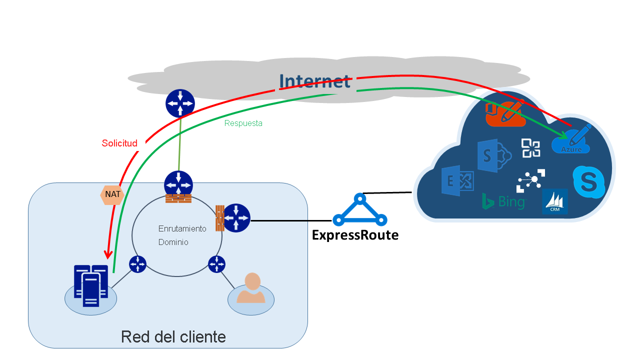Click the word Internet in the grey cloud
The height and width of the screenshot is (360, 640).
tap(314, 81)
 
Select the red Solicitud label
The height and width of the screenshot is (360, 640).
tap(119, 143)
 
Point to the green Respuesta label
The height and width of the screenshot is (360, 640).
tap(243, 123)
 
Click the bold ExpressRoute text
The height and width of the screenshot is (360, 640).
tap(355, 235)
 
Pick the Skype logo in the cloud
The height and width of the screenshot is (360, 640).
tap(588, 182)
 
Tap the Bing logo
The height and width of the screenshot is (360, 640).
tap(503, 201)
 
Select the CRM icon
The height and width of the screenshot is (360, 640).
tap(554, 201)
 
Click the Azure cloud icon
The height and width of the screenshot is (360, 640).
tap(571, 140)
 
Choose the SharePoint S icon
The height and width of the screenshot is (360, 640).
tap(493, 155)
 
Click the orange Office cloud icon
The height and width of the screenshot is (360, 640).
tap(505, 113)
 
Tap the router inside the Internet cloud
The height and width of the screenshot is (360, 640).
tap(180, 103)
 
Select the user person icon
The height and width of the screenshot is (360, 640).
tap(251, 292)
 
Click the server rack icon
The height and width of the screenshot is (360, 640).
tap(90, 286)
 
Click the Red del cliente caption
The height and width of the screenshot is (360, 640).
tap(173, 336)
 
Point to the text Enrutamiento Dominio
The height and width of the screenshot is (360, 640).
tap(182, 235)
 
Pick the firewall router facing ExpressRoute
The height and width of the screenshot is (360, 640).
tap(234, 218)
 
